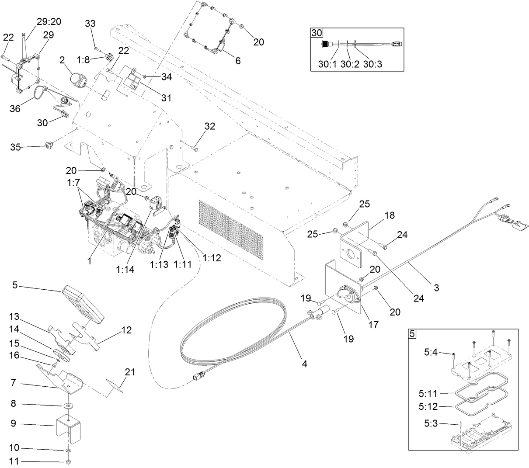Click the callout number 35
(x=16, y=147)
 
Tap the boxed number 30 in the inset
(x=316, y=32)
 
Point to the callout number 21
(x=130, y=372)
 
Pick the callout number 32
(x=210, y=126)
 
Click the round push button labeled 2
(x=78, y=79)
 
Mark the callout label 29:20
(x=49, y=21)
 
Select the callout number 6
(x=238, y=61)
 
